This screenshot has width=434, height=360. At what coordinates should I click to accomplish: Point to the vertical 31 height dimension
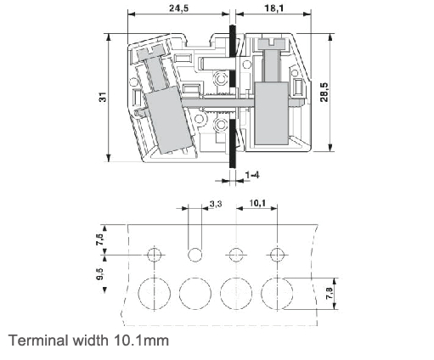pyautogui.click(x=102, y=98)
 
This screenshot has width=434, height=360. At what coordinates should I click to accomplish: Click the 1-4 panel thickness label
pyautogui.click(x=252, y=174)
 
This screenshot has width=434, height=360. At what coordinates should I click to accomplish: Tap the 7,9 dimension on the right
pyautogui.click(x=333, y=295)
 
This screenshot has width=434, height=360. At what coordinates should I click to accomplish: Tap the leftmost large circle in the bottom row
pyautogui.click(x=154, y=293)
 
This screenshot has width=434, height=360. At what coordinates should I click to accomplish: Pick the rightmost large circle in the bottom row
pyautogui.click(x=275, y=293)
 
